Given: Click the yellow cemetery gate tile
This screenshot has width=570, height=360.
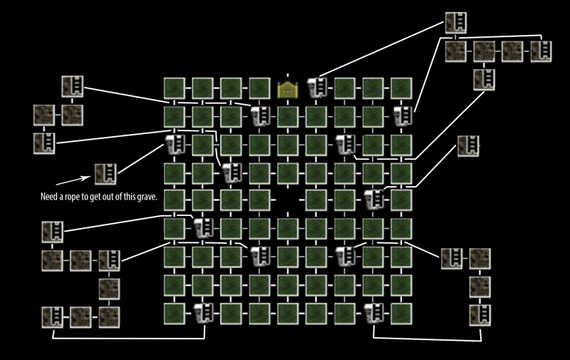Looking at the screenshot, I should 288,88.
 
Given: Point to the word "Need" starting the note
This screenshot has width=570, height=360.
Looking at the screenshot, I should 49,196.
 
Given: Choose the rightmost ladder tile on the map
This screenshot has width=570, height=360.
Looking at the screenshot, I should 541,51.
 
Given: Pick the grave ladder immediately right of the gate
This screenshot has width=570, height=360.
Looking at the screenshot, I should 316,88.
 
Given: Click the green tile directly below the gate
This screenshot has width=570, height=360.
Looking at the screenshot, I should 288,115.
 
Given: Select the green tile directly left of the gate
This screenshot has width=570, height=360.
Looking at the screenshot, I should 259,88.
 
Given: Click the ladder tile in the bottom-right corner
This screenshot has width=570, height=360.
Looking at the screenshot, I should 480,314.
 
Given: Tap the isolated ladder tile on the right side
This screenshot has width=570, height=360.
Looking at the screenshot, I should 467,145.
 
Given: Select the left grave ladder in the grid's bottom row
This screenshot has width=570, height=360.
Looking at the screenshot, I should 202,312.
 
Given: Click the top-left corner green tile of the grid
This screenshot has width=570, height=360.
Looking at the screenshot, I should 174,88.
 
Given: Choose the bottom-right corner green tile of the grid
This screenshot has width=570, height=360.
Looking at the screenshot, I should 401,312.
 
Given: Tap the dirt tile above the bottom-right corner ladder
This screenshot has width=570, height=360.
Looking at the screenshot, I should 480,286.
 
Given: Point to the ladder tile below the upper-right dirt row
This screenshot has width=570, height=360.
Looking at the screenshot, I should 484,79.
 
